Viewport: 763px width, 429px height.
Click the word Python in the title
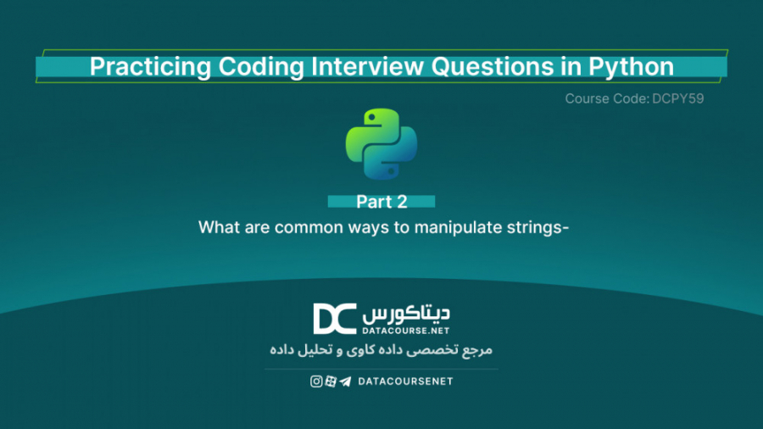(x=632, y=67)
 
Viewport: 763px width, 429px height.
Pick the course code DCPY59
(x=679, y=98)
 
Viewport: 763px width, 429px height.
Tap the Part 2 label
(x=381, y=202)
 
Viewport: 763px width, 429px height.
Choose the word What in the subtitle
(x=216, y=227)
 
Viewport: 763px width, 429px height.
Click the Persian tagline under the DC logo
(x=381, y=348)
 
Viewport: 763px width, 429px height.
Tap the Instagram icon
(x=316, y=382)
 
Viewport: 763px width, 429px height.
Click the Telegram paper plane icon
(x=345, y=382)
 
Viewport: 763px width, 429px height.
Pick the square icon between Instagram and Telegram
(x=331, y=382)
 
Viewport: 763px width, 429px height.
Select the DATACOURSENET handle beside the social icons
(x=405, y=382)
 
